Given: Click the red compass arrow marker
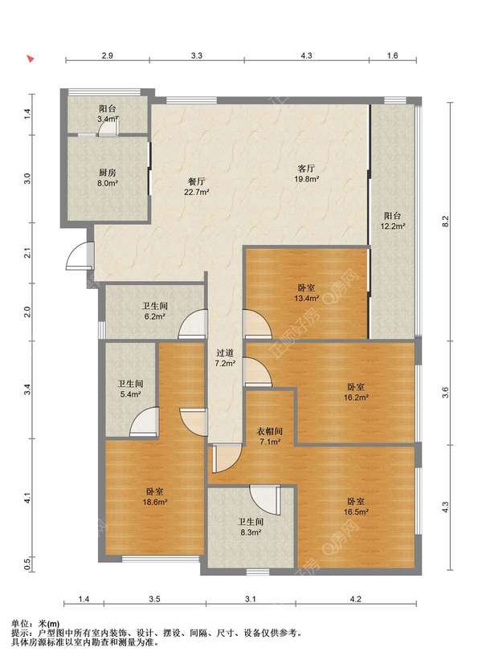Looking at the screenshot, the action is tap(30, 59).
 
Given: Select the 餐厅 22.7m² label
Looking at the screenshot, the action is tap(197, 187).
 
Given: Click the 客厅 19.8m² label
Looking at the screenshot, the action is tap(307, 173).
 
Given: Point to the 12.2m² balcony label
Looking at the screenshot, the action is tap(393, 221).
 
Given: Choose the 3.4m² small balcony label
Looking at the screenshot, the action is tap(108, 114).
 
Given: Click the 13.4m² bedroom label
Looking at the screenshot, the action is tap(306, 293).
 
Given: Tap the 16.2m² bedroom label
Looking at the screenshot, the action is tap(356, 392).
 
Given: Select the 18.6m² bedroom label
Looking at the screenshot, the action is tap(155, 497).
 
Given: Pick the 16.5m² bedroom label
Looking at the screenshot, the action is tap(356, 507).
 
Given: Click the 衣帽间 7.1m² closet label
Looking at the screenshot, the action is tap(270, 437).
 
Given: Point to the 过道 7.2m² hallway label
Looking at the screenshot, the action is tap(225, 358).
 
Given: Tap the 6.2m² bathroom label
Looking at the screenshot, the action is tap(155, 311).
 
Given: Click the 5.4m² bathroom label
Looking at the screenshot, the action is tap(130, 389).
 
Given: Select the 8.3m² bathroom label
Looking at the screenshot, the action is tap(251, 528).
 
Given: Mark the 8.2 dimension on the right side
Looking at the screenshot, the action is tap(445, 221).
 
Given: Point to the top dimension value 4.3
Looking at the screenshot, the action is tap(306, 55).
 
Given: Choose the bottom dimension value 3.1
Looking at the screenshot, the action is tap(251, 599).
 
